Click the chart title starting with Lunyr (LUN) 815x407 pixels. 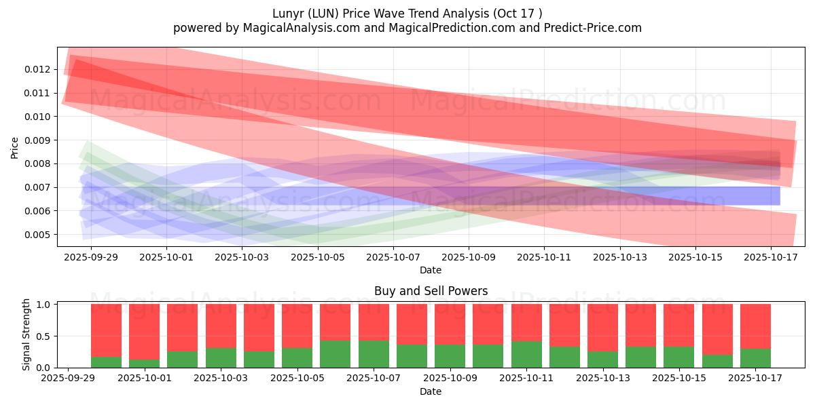(x=407, y=14)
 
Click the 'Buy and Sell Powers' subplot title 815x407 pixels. (x=431, y=291)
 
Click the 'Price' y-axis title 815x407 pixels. (x=15, y=147)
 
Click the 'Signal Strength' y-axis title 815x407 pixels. (x=26, y=335)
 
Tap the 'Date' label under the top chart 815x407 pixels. (x=431, y=270)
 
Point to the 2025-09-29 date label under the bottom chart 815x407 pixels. (x=68, y=379)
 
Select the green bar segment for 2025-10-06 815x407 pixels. (x=336, y=354)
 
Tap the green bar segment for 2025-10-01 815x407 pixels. (x=144, y=364)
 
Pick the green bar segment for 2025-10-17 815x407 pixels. (x=755, y=358)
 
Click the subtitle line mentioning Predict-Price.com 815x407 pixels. (x=407, y=28)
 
